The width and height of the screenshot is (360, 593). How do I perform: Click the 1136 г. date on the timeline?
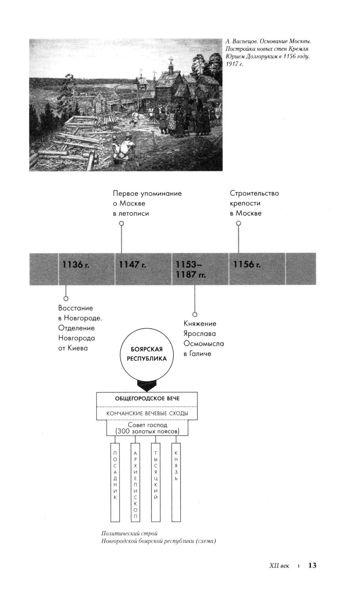point(76,264)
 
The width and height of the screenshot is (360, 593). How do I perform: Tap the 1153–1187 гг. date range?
point(190,270)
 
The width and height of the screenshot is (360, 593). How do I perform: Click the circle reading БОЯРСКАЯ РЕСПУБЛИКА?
point(147,354)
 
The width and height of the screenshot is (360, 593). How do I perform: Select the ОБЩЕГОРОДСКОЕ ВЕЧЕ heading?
point(147,399)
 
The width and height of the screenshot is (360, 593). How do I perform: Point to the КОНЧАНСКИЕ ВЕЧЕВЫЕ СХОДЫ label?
point(147,413)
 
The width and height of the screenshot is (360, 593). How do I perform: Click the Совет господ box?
point(147,428)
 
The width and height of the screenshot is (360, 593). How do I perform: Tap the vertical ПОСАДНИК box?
point(115,482)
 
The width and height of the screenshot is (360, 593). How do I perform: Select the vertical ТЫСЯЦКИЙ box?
point(156,482)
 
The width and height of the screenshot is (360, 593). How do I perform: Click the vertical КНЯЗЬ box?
point(176,482)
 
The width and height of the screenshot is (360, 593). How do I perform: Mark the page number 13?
point(312,565)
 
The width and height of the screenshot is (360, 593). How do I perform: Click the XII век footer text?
point(279,566)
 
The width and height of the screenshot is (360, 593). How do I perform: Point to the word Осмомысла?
point(204,344)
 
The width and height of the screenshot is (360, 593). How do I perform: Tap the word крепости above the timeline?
point(245,203)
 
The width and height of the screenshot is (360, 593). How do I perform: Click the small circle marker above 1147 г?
point(122,223)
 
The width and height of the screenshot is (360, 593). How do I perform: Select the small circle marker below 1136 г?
point(66,298)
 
